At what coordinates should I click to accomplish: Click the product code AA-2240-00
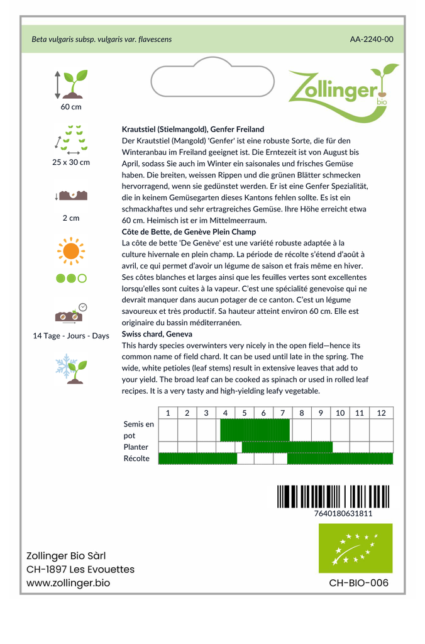point(372,39)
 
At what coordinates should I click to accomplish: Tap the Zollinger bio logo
point(342,88)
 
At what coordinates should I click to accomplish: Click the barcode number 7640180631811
point(343,513)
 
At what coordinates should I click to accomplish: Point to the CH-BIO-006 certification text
point(358,583)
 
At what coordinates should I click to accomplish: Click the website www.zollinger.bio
point(68,583)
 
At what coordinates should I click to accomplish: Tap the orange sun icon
point(70,251)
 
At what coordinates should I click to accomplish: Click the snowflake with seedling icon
point(70,367)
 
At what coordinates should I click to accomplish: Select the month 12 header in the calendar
point(381,413)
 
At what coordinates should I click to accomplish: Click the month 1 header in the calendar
point(168,413)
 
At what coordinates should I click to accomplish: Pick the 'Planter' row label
point(136,447)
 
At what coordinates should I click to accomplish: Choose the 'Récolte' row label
point(136,458)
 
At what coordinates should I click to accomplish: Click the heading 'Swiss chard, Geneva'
point(157,334)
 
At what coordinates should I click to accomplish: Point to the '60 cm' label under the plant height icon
point(71,107)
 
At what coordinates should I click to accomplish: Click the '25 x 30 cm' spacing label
point(71,162)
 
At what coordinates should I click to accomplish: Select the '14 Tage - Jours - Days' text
point(71,336)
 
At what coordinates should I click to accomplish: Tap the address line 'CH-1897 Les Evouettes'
point(80,569)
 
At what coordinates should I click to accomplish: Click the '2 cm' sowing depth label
point(71,218)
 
